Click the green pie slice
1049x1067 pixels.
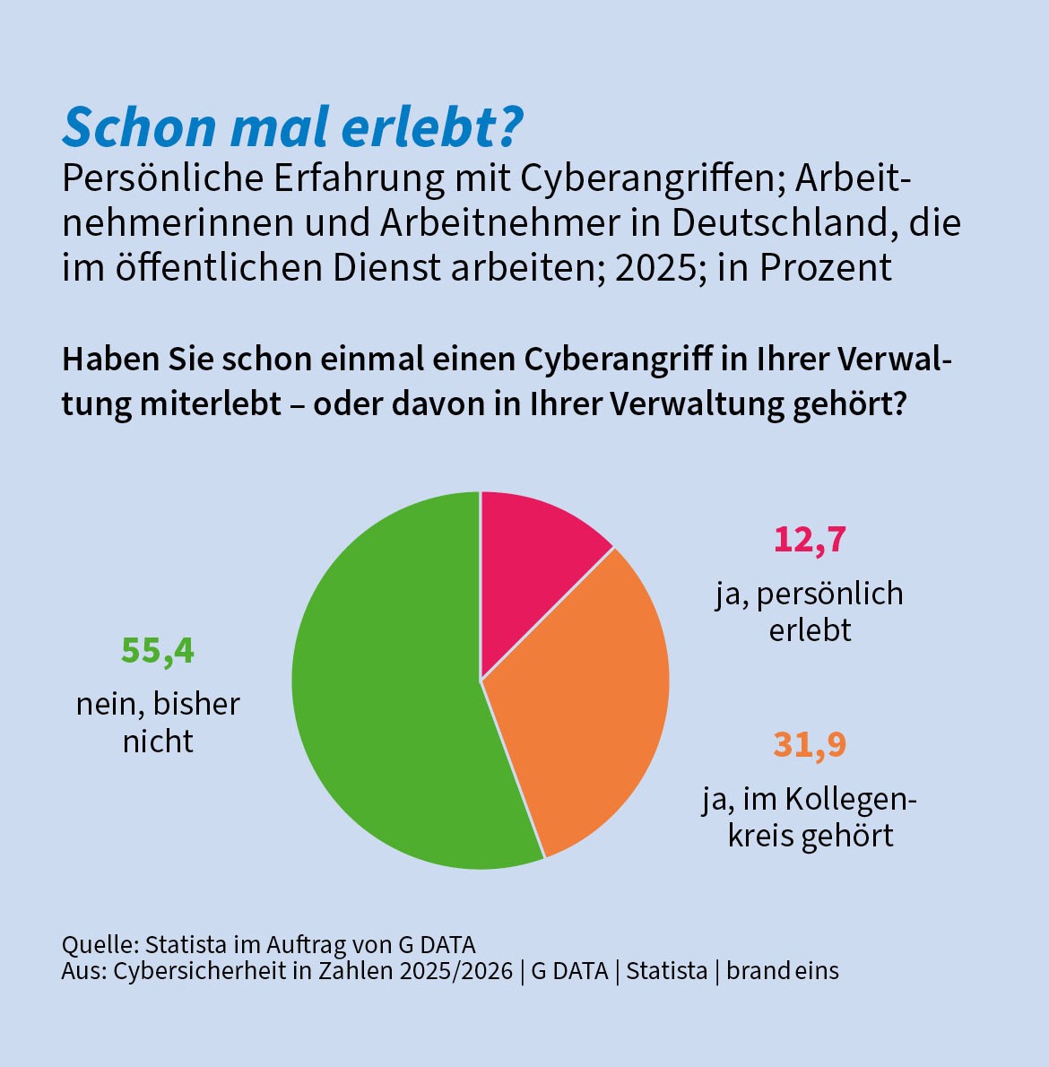click(x=387, y=688)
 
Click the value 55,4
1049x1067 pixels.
click(x=158, y=651)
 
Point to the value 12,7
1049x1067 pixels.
click(x=811, y=540)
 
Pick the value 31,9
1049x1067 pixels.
click(x=811, y=744)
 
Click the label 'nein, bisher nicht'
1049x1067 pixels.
click(x=158, y=722)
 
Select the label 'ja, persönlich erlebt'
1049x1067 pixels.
click(x=810, y=612)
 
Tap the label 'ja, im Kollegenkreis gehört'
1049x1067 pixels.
click(x=810, y=817)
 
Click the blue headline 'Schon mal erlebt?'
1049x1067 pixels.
click(x=292, y=127)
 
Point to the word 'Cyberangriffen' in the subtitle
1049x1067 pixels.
click(x=653, y=179)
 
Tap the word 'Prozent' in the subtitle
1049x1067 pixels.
click(x=825, y=267)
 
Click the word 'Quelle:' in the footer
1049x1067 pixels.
click(x=100, y=944)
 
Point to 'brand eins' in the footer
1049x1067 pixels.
click(x=783, y=970)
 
